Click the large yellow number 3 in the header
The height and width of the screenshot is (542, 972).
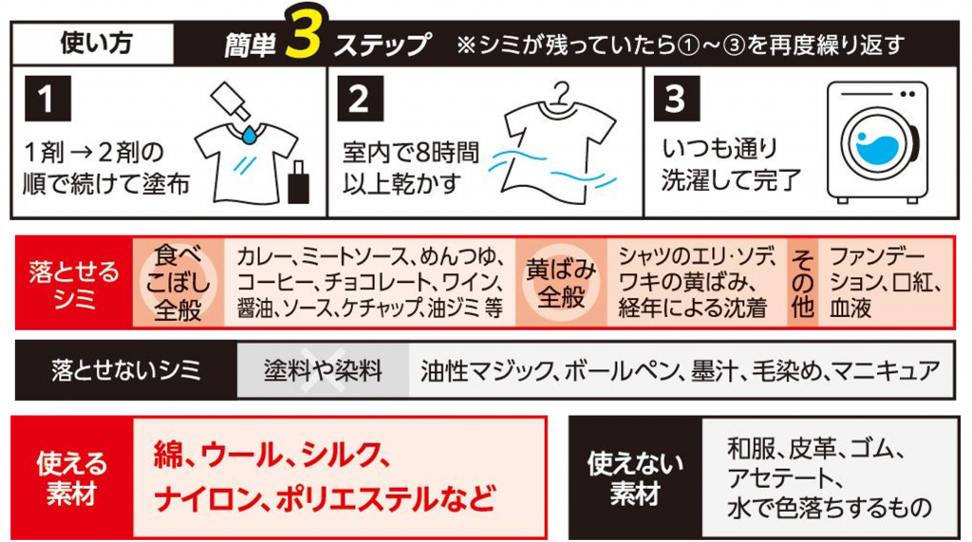(x=303, y=33)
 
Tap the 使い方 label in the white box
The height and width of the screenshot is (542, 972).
(x=96, y=44)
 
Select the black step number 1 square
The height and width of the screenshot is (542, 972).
(x=47, y=99)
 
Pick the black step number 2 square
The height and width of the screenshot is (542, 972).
(x=360, y=99)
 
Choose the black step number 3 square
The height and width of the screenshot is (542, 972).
(x=677, y=99)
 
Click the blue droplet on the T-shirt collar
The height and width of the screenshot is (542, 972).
(x=250, y=135)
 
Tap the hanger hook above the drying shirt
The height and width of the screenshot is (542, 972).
(x=562, y=95)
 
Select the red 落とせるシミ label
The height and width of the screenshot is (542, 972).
(x=74, y=283)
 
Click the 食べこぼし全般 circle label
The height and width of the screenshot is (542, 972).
(x=178, y=283)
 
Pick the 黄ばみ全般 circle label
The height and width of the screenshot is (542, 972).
(x=561, y=283)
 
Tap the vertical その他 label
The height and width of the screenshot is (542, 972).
(x=802, y=283)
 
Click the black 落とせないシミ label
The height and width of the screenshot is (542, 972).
(x=126, y=370)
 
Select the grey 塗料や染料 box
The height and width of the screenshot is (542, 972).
(x=323, y=370)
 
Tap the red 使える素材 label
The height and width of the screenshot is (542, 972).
(x=72, y=477)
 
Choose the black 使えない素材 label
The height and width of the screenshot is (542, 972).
(x=635, y=477)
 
